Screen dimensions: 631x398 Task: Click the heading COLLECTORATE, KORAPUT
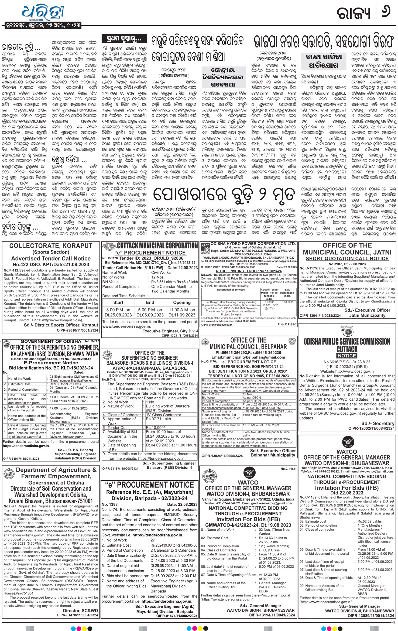pos(51,246)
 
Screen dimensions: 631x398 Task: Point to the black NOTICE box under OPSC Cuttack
pos(347,356)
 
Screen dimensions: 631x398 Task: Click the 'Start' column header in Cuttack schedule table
pos(118,302)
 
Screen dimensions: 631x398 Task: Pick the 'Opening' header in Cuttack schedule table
pos(182,302)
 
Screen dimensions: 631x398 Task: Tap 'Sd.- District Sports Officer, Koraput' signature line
pos(61,325)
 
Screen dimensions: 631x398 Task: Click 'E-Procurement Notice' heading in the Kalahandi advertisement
pos(51,363)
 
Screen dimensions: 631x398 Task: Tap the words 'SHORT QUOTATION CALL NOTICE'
pos(347,258)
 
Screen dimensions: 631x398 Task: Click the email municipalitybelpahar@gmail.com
pos(248,357)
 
